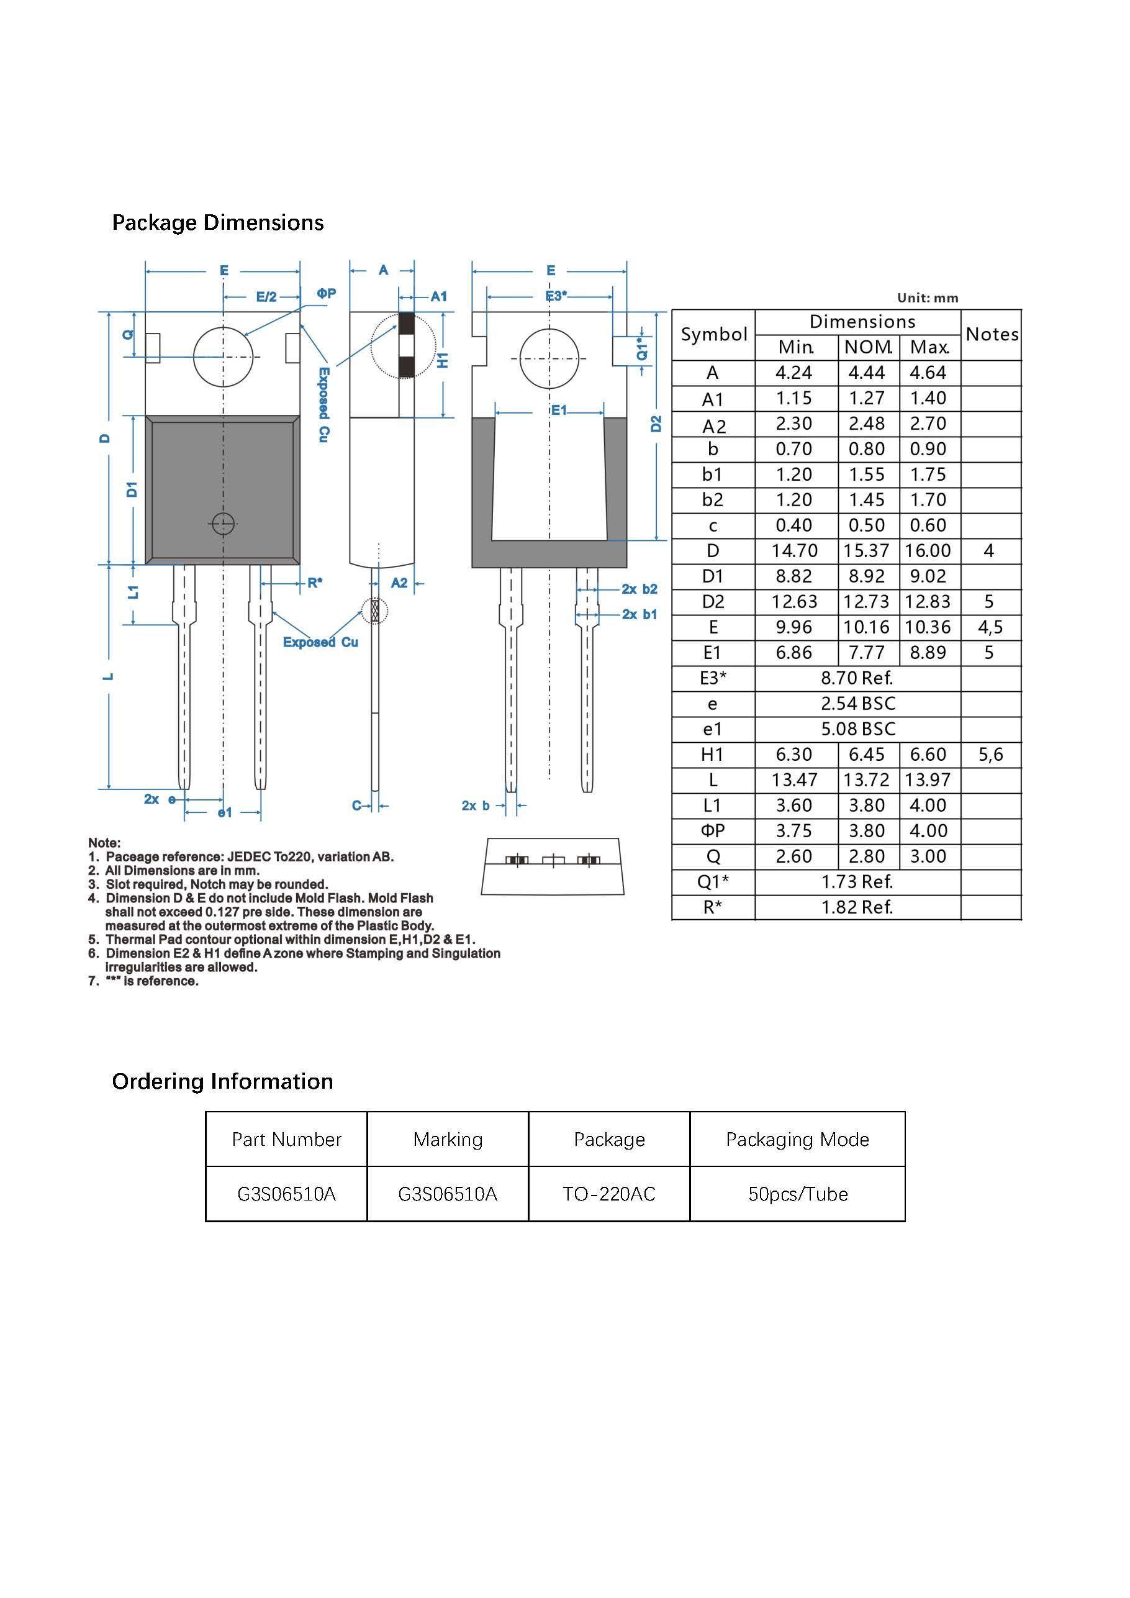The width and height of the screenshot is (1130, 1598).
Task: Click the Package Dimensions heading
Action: click(218, 223)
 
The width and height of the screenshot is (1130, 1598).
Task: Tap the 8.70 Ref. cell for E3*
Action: click(857, 678)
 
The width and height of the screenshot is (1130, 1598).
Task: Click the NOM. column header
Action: click(868, 347)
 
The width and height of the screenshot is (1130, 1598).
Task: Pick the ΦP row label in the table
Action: click(713, 831)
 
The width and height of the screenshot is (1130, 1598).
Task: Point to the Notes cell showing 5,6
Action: click(990, 755)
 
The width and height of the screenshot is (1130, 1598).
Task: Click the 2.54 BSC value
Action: click(857, 704)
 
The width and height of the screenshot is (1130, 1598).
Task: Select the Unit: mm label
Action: click(928, 298)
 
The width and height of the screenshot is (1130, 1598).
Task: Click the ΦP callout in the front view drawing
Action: click(327, 294)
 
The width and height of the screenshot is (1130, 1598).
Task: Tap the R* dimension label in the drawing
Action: click(315, 583)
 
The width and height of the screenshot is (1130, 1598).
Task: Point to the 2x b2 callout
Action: click(640, 589)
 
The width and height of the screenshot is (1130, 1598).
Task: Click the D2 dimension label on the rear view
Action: click(656, 423)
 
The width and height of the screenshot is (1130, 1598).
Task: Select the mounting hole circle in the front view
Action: click(223, 356)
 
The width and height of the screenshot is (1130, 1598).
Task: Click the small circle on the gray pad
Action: click(223, 524)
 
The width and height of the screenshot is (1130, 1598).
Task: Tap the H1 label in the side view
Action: click(443, 360)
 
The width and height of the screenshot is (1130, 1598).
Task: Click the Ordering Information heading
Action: click(223, 1081)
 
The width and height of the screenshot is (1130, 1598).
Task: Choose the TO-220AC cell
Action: click(609, 1194)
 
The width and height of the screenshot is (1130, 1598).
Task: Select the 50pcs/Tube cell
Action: click(797, 1194)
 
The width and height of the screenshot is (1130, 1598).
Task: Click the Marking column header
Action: click(448, 1139)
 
